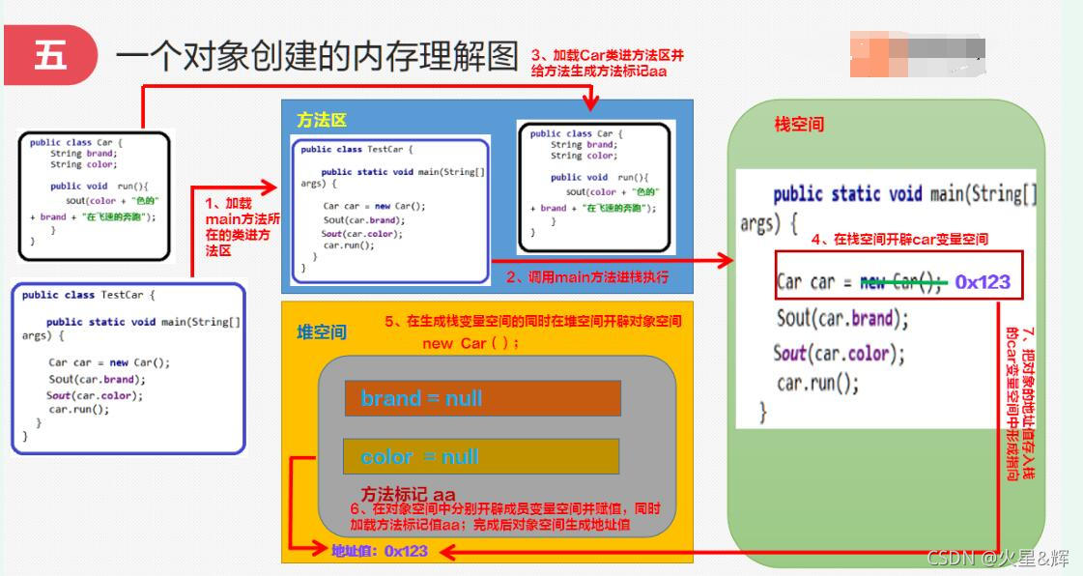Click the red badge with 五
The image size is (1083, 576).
point(50,55)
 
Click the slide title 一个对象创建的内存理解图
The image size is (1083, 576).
point(317,56)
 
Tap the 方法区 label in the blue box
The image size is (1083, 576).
point(321,120)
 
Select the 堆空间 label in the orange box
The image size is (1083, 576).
point(321,332)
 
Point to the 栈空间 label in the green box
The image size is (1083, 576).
point(799,125)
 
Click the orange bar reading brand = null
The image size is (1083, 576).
point(482,398)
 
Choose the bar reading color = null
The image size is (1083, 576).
point(480,456)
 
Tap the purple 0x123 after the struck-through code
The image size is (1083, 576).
point(983,282)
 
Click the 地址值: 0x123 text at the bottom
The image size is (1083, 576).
point(380,551)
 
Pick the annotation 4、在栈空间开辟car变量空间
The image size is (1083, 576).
point(898,239)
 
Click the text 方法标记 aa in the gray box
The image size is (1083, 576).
point(408,495)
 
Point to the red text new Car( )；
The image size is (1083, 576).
point(470,344)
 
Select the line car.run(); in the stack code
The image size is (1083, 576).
point(817,384)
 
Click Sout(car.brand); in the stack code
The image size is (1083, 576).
point(842,318)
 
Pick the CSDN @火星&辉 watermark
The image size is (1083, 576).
point(997,558)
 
